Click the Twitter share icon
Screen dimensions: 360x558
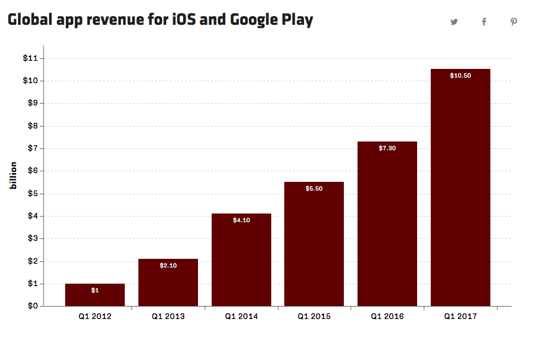coord(454,22)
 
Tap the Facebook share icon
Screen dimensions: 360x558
coord(484,22)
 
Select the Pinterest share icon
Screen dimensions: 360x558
coord(514,22)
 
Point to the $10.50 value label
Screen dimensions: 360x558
coord(461,76)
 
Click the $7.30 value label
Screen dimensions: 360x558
coord(387,148)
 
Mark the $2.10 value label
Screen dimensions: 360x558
coord(168,266)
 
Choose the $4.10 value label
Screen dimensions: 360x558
coord(241,220)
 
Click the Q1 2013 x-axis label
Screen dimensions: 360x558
coord(168,317)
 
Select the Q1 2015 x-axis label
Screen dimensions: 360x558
coord(314,317)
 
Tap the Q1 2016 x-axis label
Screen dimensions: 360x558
coord(387,317)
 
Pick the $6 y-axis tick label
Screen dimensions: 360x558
coord(32,171)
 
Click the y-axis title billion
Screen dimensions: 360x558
coord(14,176)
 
